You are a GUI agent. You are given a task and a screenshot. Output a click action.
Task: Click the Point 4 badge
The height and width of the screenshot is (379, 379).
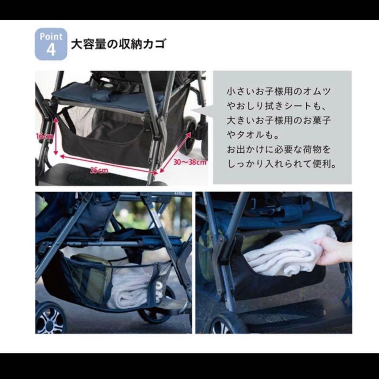[x=51, y=44]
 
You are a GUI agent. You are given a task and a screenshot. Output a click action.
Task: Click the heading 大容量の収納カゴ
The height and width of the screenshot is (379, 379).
[x=118, y=45]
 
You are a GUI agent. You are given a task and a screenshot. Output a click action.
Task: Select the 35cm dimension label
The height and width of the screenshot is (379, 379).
[x=99, y=171]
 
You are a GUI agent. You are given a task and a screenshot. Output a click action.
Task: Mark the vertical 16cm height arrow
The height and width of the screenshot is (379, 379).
[x=55, y=137]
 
